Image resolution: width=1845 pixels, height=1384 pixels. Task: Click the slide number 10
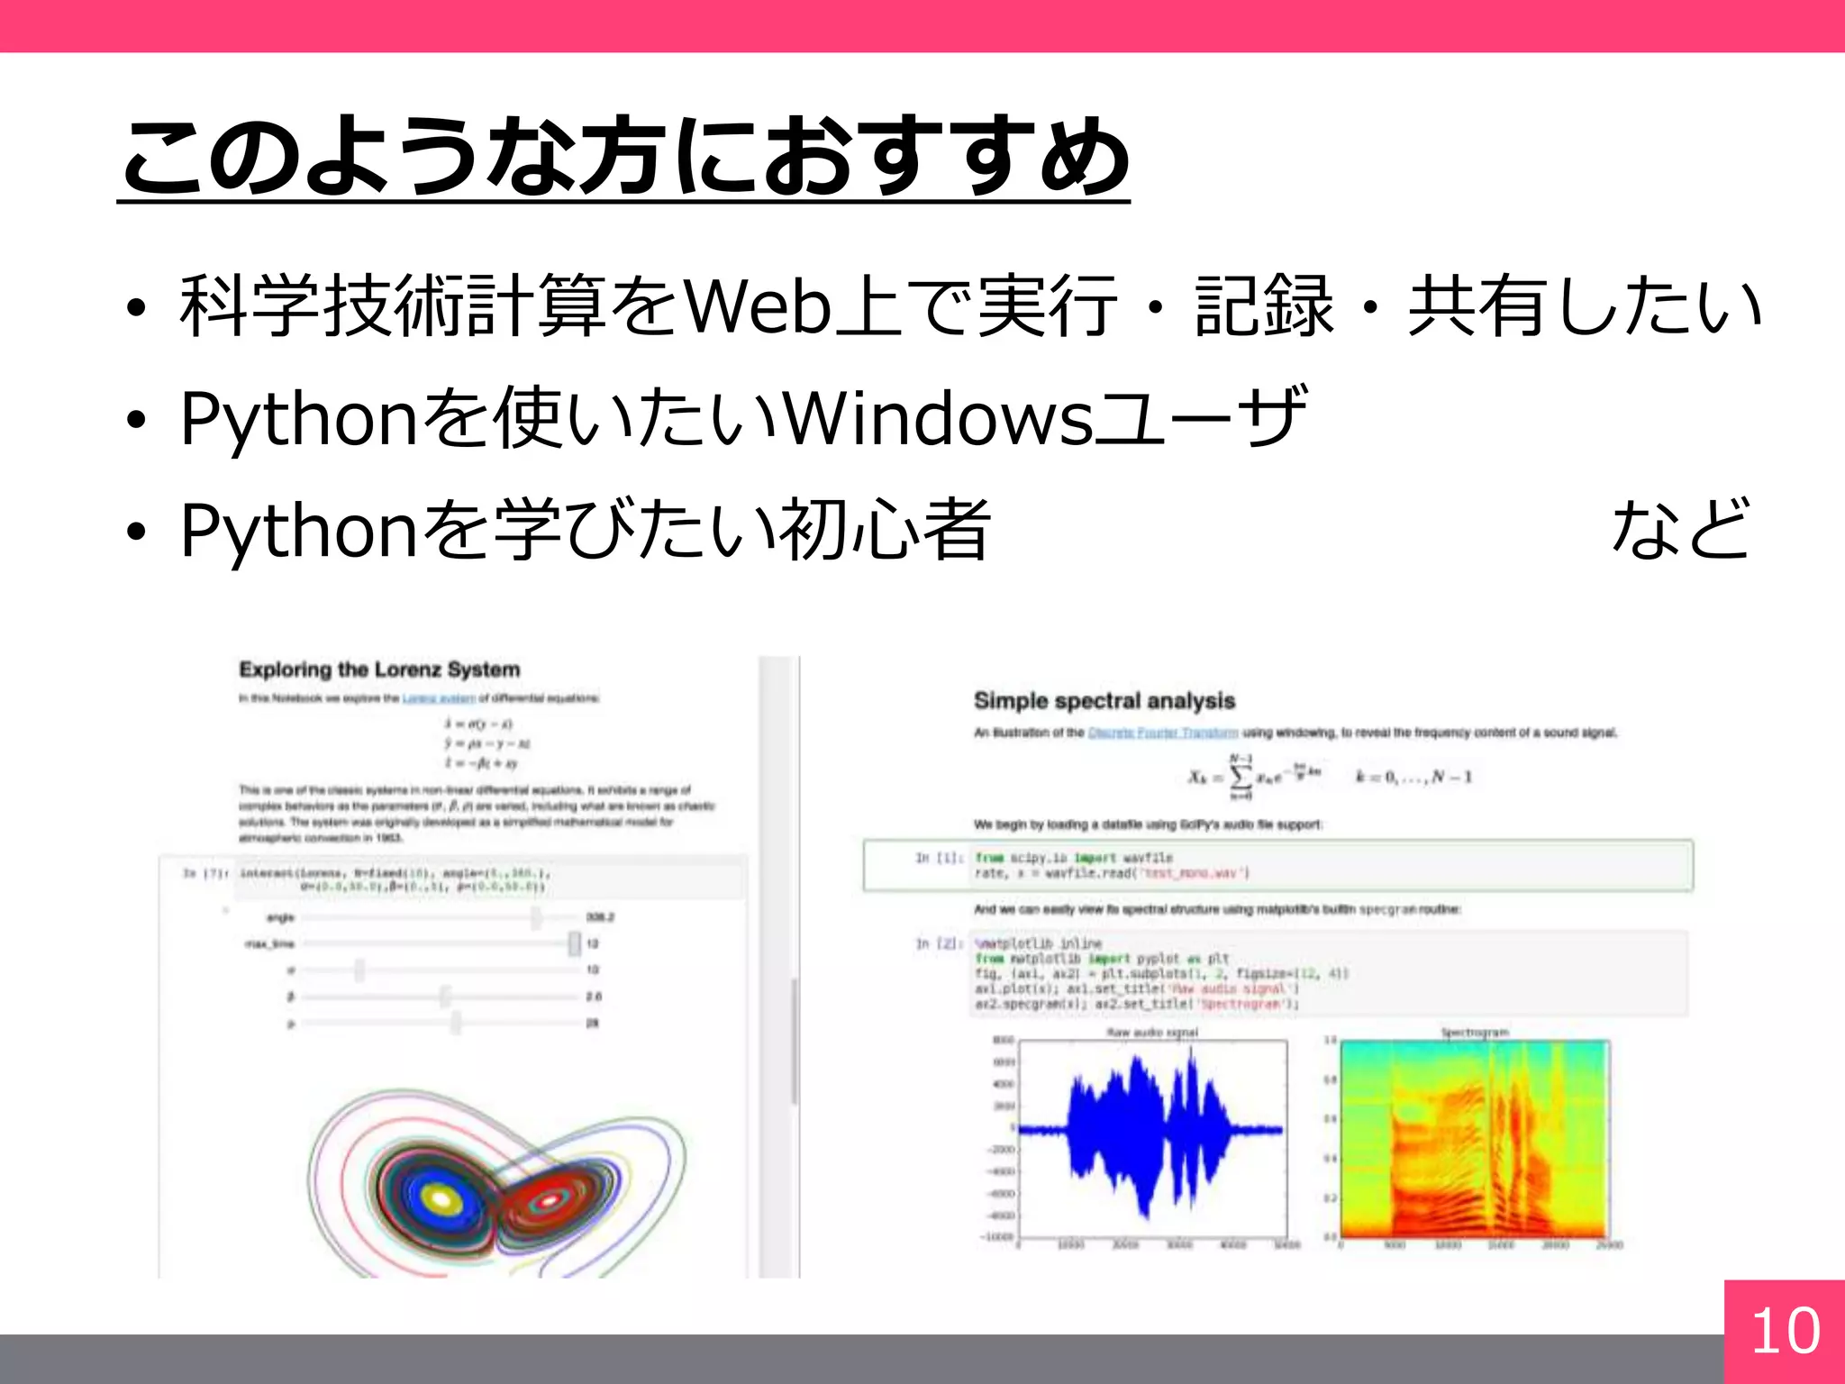click(x=1785, y=1331)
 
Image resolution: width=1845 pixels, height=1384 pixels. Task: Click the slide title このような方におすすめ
click(x=623, y=158)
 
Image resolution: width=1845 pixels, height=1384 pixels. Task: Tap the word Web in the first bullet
click(x=758, y=306)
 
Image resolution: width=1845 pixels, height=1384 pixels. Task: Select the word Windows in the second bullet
click(x=938, y=419)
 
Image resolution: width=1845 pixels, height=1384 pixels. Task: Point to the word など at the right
click(x=1680, y=530)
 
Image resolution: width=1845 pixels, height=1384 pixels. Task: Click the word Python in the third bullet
click(x=298, y=532)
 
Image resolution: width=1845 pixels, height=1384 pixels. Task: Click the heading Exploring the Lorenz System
click(x=379, y=669)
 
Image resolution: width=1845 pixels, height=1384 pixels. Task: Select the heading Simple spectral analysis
click(x=1104, y=701)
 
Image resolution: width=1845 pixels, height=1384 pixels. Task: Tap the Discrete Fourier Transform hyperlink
click(x=1162, y=733)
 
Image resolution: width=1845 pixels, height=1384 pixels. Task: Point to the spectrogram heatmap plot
click(x=1473, y=1140)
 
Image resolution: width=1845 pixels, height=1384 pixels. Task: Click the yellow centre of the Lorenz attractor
click(x=441, y=1198)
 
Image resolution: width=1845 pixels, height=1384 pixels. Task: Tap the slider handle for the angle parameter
click(x=536, y=917)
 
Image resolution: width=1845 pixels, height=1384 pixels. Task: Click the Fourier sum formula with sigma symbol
click(x=1252, y=777)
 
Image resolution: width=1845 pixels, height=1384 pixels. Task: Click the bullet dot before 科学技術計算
click(x=136, y=309)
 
